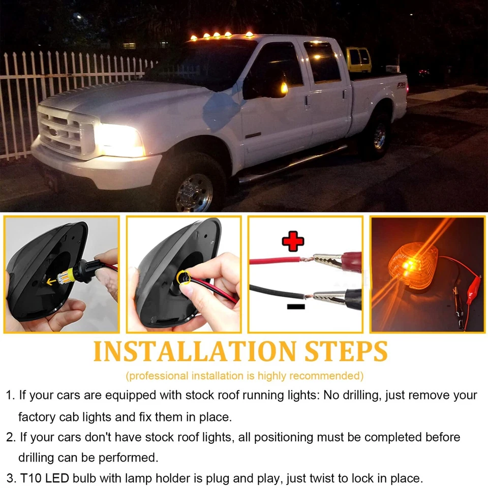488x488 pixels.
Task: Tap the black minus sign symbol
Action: (x=296, y=307)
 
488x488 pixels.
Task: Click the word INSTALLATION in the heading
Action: (x=195, y=351)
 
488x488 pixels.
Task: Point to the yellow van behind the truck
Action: (x=359, y=60)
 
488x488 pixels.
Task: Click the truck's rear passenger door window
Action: (x=322, y=62)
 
